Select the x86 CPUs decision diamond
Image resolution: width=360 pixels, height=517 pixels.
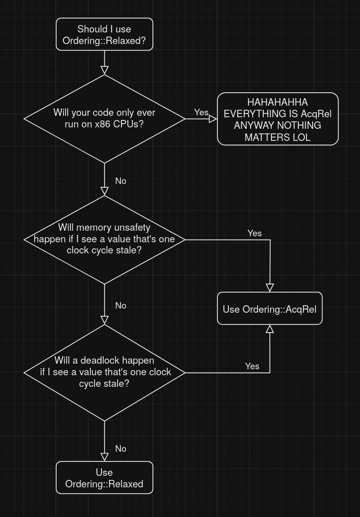point(104,119)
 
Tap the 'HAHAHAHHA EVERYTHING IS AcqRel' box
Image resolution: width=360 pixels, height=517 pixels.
point(278,119)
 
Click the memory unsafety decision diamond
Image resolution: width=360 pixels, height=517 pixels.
point(104,239)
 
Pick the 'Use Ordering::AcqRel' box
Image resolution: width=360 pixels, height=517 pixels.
point(270,309)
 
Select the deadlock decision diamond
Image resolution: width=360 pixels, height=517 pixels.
point(104,372)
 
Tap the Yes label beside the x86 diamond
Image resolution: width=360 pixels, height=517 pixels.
point(201,112)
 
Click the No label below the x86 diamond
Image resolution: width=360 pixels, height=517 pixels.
point(120,181)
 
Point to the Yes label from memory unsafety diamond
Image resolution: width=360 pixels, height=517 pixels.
point(254,233)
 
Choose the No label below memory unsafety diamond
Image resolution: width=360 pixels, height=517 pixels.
point(120,305)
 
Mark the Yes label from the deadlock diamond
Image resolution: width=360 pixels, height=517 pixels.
point(252,366)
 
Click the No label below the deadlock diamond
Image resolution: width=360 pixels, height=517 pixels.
point(120,448)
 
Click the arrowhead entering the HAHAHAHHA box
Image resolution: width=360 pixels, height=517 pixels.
point(213,119)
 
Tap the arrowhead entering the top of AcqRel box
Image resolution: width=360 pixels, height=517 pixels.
point(270,288)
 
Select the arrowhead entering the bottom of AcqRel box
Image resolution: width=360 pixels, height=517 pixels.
point(270,329)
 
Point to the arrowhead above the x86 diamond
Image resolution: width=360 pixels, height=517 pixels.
point(105,70)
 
